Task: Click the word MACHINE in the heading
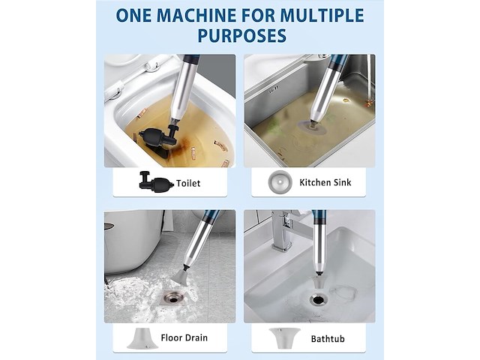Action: [x=205, y=15]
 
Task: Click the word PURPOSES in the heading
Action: [x=241, y=35]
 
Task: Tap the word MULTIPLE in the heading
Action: [x=322, y=15]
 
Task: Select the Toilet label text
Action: [x=188, y=183]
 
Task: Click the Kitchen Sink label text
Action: [x=325, y=182]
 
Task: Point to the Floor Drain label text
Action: [x=184, y=337]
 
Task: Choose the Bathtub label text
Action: [x=328, y=339]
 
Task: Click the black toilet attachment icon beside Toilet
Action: [x=156, y=182]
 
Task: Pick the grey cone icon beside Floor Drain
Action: [x=142, y=338]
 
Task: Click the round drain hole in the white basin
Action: [x=317, y=298]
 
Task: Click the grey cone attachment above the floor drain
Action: [x=182, y=276]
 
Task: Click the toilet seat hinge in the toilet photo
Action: [x=152, y=65]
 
